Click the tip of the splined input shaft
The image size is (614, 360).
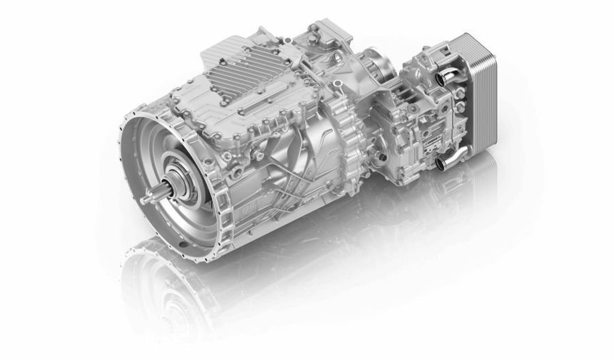(145, 202)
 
